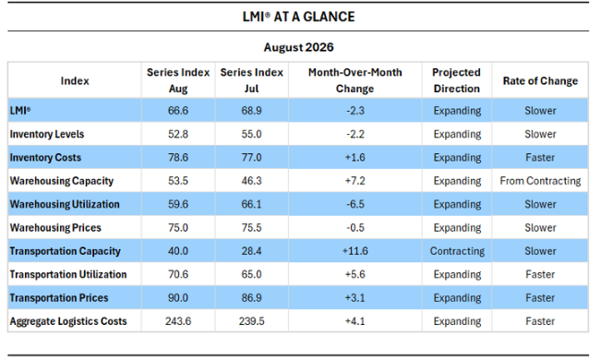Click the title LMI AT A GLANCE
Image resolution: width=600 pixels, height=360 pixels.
click(298, 17)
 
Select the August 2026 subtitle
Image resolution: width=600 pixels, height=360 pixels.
click(298, 47)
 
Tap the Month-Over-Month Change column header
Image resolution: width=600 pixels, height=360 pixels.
click(355, 80)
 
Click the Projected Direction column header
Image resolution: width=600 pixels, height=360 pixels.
click(457, 80)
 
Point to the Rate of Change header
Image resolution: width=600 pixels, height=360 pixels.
click(540, 80)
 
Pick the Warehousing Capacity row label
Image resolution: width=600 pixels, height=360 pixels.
click(62, 181)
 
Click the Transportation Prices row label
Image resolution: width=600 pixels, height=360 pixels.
click(59, 297)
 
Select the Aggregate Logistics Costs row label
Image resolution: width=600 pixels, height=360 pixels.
click(68, 321)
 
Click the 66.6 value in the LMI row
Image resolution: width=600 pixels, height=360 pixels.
click(178, 111)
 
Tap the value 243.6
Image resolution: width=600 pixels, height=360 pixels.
click(178, 321)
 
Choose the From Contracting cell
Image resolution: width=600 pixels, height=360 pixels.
click(540, 181)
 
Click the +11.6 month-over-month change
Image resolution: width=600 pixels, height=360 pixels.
click(355, 251)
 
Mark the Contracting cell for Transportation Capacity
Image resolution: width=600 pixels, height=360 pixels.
click(457, 251)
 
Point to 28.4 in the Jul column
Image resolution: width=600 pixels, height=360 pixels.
click(251, 251)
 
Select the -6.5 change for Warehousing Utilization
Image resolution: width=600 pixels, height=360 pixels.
click(355, 204)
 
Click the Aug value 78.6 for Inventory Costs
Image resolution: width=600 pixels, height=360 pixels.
click(178, 157)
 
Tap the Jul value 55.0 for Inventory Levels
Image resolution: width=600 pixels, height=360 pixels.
click(251, 134)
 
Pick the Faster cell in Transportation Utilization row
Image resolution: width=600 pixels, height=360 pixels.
click(540, 274)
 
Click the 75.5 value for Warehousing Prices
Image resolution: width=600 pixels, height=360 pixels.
click(251, 228)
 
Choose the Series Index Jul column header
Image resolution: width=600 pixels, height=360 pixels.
click(251, 80)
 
